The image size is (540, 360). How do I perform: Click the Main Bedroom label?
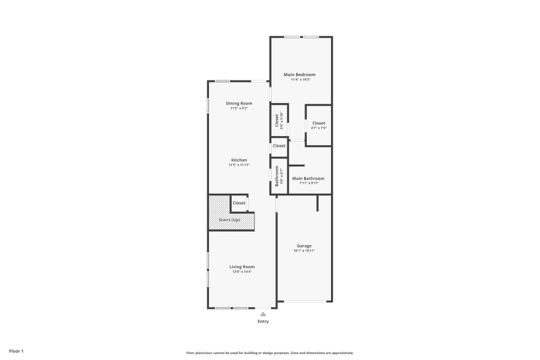tap(300, 74)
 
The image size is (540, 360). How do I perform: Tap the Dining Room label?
tap(239, 103)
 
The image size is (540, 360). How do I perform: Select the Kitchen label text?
tap(239, 160)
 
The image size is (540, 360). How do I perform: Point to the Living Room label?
tap(242, 267)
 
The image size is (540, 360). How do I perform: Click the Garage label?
tap(304, 246)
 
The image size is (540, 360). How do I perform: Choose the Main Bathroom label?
tap(308, 178)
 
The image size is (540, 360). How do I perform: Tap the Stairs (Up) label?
tap(230, 220)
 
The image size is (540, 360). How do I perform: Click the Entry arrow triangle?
tap(263, 313)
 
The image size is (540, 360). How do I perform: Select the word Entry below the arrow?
tap(263, 321)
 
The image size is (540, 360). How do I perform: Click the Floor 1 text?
tap(16, 351)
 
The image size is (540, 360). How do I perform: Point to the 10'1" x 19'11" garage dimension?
tap(304, 250)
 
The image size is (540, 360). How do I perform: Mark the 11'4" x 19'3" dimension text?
tap(300, 79)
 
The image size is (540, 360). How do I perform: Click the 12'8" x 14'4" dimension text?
tap(241, 271)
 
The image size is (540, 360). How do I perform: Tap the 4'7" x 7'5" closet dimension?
tap(319, 128)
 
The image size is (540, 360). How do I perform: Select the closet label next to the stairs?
tap(239, 203)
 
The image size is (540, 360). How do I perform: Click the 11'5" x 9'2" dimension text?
tap(239, 108)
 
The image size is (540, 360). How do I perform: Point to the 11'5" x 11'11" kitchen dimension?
tap(239, 165)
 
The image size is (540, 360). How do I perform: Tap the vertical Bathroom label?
tap(276, 176)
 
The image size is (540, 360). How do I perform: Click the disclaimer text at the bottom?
tap(270, 352)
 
